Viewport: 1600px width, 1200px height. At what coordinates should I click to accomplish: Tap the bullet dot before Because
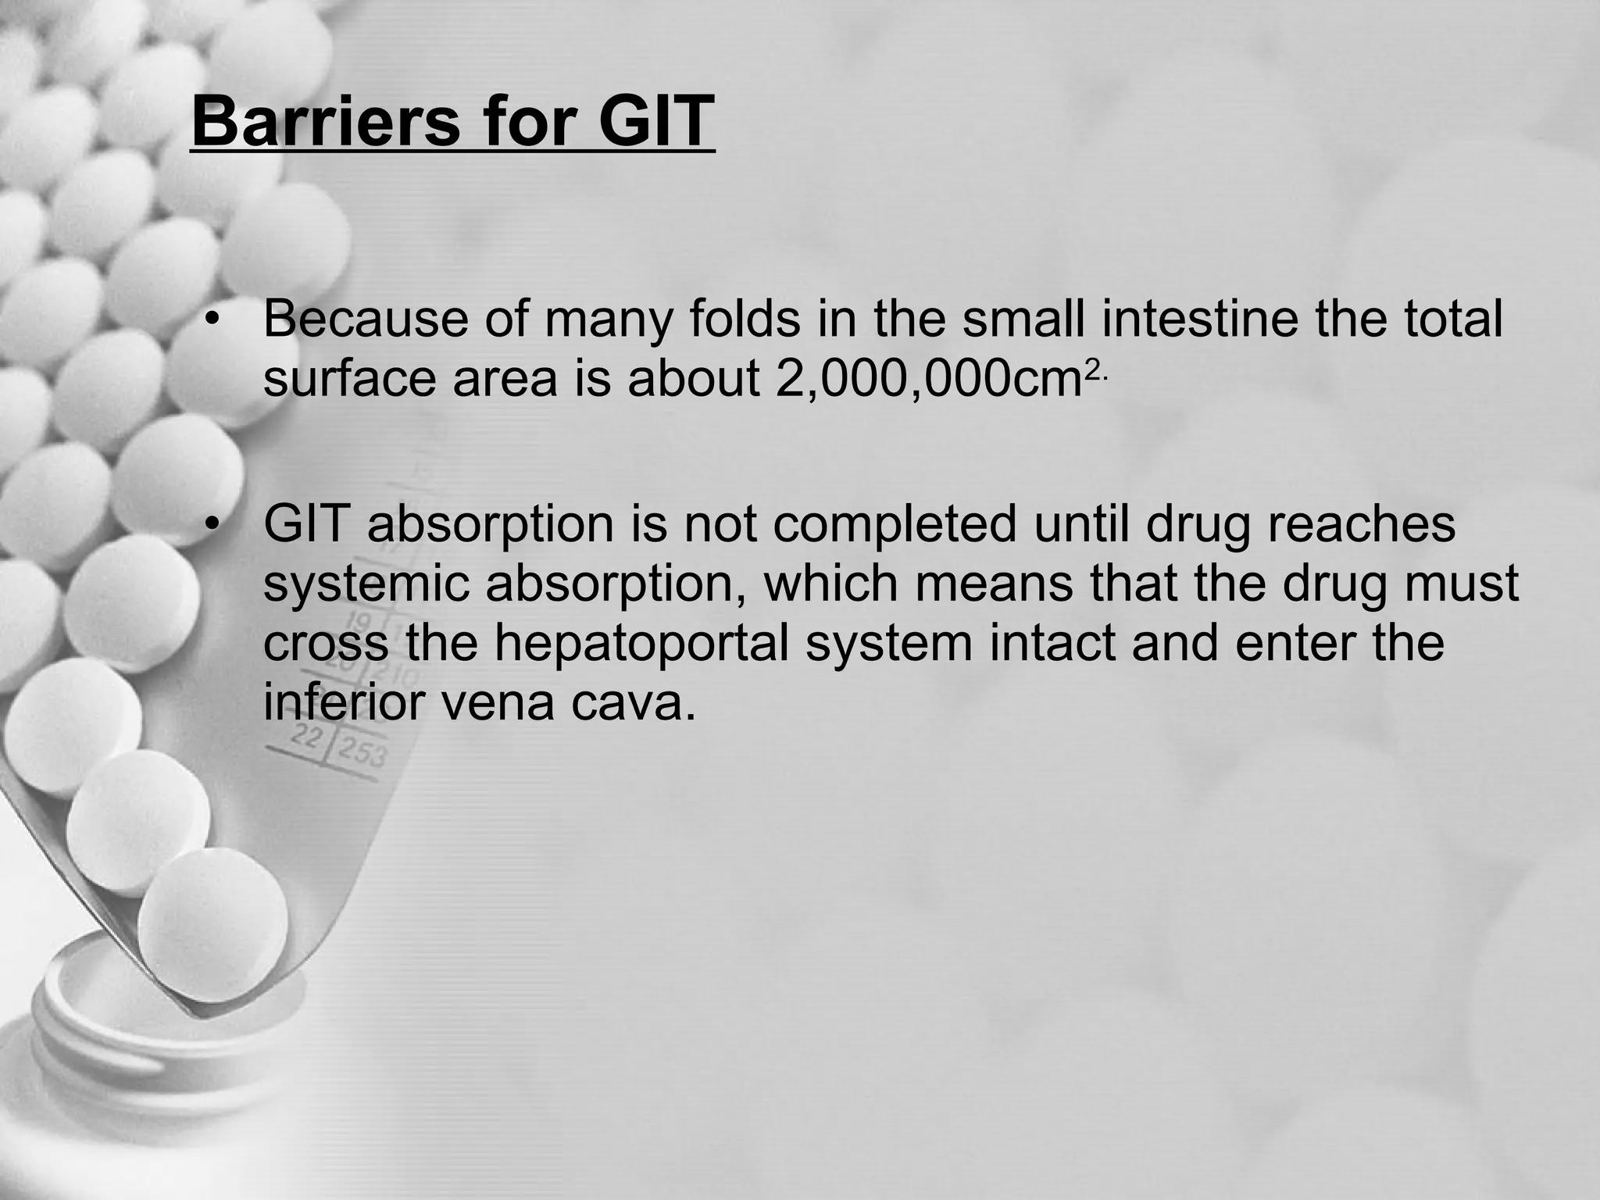click(x=209, y=320)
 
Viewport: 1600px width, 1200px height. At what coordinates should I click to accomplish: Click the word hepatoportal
click(x=641, y=642)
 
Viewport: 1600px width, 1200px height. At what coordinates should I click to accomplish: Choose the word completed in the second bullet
click(x=895, y=523)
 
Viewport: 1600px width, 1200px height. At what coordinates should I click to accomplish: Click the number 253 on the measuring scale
click(x=362, y=753)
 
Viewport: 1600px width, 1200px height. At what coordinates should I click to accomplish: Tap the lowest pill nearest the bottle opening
click(x=212, y=927)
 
